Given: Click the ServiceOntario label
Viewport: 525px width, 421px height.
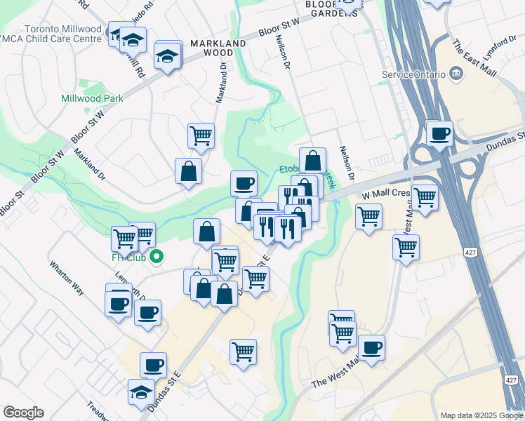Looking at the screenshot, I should (x=413, y=74).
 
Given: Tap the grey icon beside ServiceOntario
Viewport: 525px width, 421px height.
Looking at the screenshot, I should (x=456, y=73).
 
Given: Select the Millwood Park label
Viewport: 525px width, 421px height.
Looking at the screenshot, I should (x=92, y=98).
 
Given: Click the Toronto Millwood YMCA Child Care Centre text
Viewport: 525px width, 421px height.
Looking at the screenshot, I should (x=53, y=34).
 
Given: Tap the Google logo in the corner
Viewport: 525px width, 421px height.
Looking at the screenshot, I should (x=23, y=413).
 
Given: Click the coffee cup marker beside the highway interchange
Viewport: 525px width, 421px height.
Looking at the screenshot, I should (x=440, y=133).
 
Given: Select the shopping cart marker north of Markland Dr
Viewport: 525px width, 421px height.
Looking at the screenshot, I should (x=201, y=135).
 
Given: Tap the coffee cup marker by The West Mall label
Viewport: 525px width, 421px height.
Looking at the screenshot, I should (x=371, y=347).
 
